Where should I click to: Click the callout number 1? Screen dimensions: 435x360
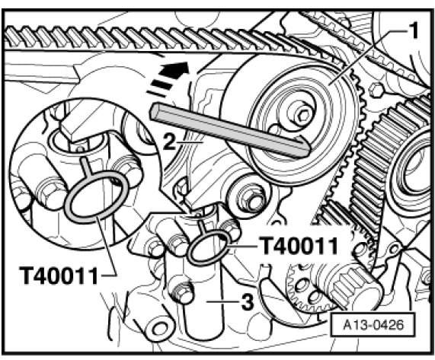pos(413,30)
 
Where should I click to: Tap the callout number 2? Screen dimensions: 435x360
pos(169,142)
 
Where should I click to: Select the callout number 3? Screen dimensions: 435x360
pos(248,302)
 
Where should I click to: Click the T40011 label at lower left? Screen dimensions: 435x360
pos(59,276)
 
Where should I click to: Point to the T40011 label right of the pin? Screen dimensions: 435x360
pos(298,246)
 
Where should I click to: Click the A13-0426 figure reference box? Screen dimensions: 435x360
pos(373,324)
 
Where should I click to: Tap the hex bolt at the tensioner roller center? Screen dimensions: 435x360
pos(302,115)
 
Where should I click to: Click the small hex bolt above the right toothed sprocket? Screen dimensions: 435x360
pos(376,91)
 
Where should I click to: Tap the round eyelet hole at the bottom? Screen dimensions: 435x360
pos(159,329)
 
